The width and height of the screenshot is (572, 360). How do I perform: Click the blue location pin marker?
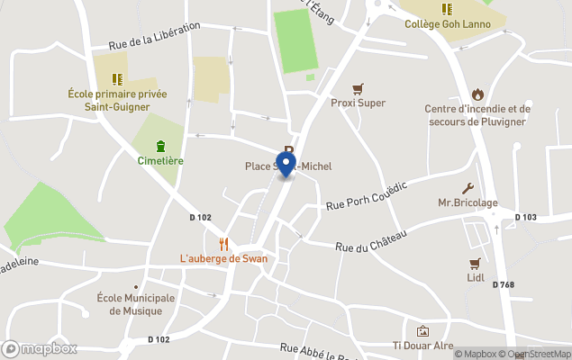point(286,164)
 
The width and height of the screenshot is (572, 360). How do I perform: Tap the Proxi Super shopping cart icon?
point(359,88)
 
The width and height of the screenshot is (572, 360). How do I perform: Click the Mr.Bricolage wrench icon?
point(468,188)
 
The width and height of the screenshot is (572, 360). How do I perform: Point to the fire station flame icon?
point(477,94)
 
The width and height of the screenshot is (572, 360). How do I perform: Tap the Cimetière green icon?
point(160,146)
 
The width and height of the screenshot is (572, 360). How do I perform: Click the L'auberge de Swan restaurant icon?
point(223,244)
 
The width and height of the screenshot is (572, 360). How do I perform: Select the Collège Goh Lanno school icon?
point(447,9)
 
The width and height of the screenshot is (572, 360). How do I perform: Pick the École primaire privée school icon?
point(116,79)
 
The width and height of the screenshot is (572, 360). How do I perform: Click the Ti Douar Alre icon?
point(422,331)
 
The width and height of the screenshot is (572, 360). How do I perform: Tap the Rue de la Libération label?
point(154,36)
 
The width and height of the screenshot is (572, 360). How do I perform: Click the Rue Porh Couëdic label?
point(367,196)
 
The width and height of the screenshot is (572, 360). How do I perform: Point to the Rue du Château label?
point(372,240)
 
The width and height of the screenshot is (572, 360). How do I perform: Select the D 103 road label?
point(525,217)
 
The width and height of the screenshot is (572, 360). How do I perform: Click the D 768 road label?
point(504,285)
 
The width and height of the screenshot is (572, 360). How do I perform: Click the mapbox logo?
point(41,348)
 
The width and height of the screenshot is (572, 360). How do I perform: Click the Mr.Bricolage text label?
point(468,202)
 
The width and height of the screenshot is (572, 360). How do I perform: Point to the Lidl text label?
point(476,277)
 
